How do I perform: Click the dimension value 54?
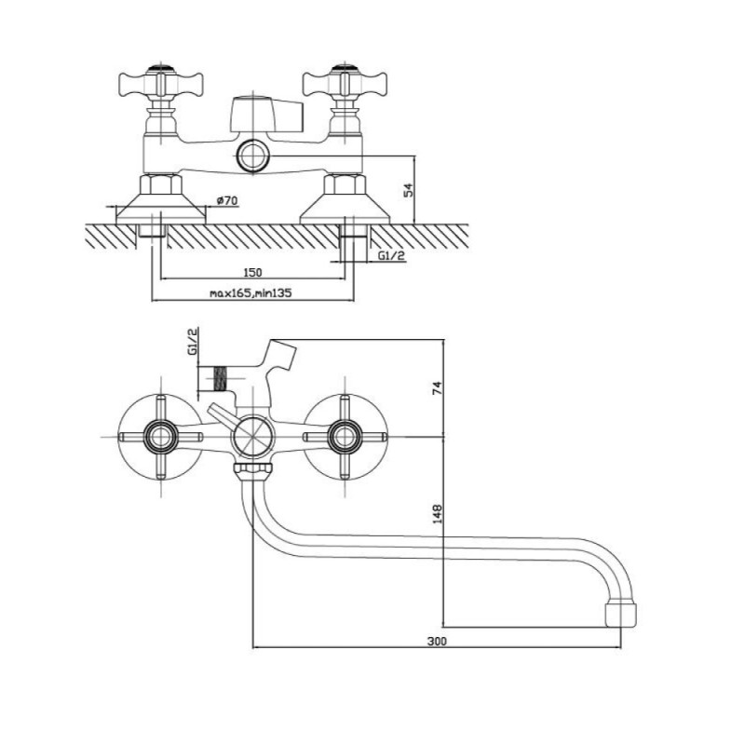(409, 190)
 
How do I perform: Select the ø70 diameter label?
(227, 200)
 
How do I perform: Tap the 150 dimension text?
(252, 272)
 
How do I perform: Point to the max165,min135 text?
(251, 293)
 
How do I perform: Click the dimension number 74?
(438, 387)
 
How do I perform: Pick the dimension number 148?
(438, 514)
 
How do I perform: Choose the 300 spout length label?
(437, 641)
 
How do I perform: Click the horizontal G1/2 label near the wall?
(392, 255)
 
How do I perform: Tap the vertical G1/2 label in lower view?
(193, 341)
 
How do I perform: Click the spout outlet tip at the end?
(621, 616)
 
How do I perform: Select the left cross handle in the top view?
(160, 83)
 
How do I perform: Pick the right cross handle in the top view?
(345, 83)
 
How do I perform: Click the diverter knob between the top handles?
(266, 115)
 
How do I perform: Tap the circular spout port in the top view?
(252, 156)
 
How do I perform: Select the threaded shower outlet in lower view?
(221, 379)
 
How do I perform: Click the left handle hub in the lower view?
(160, 437)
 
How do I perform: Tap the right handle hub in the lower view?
(345, 437)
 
